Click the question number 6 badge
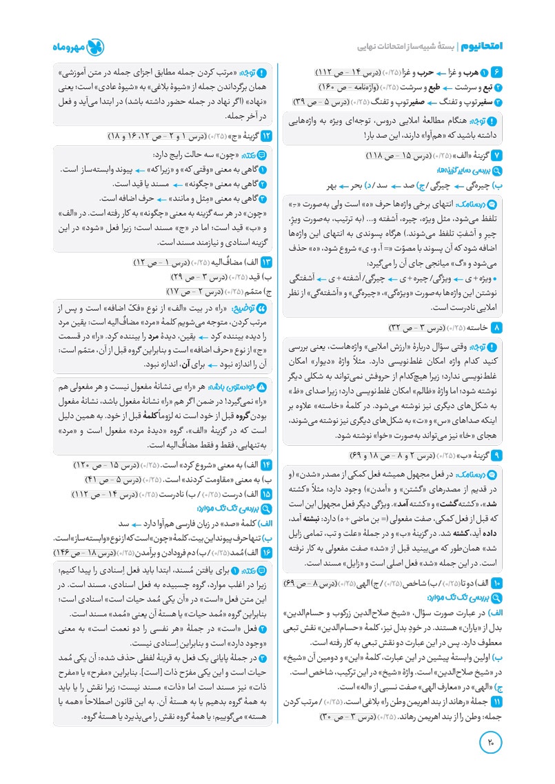(496, 72)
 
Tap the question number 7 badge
(496, 155)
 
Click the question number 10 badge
(496, 584)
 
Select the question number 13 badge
(267, 262)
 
